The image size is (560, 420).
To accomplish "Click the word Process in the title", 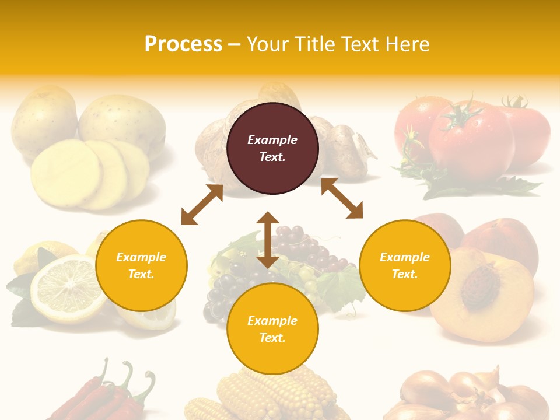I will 183,44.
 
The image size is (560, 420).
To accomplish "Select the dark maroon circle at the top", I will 272,148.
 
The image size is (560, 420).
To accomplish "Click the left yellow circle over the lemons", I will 141,265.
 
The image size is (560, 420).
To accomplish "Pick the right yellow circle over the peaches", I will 405,265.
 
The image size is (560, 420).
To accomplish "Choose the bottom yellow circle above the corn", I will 272,329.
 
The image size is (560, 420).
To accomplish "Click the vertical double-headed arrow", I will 268,240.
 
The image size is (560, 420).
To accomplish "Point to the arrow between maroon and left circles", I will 202,205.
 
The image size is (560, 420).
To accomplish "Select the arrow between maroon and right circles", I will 342,198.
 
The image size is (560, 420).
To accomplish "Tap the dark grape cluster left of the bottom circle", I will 225,292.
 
